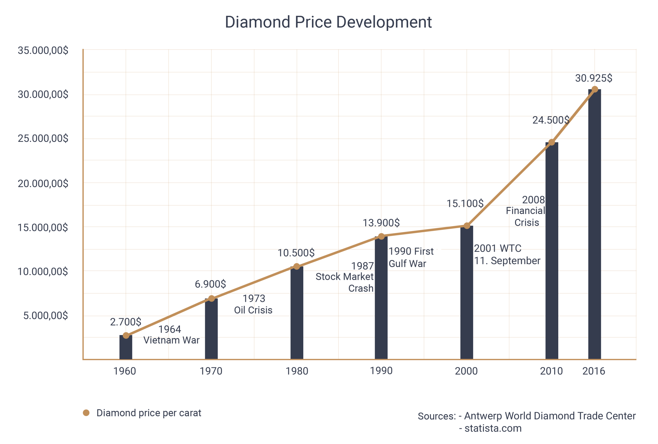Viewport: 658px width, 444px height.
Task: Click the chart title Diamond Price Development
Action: (328, 22)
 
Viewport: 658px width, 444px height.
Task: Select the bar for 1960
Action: (126, 347)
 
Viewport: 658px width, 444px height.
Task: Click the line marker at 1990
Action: (381, 236)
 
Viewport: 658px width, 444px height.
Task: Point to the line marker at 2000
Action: (467, 226)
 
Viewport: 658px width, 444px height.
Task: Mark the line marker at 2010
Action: (552, 142)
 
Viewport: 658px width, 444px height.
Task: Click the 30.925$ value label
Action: (593, 78)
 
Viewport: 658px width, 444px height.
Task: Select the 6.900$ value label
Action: (210, 284)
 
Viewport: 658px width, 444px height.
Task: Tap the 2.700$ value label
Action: (125, 322)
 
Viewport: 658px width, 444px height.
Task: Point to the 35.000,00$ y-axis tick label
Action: (43, 50)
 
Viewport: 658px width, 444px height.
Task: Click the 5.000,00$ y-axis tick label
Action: (45, 315)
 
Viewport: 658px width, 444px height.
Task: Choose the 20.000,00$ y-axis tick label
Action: (43, 184)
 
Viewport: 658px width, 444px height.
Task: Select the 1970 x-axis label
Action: (211, 371)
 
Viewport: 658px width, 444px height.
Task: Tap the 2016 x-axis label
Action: (594, 371)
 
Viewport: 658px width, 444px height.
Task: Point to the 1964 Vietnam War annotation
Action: (171, 335)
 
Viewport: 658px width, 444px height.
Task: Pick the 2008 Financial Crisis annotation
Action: (526, 211)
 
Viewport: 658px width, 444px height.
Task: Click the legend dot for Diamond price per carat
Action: (86, 413)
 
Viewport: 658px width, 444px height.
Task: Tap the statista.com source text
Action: (493, 428)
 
